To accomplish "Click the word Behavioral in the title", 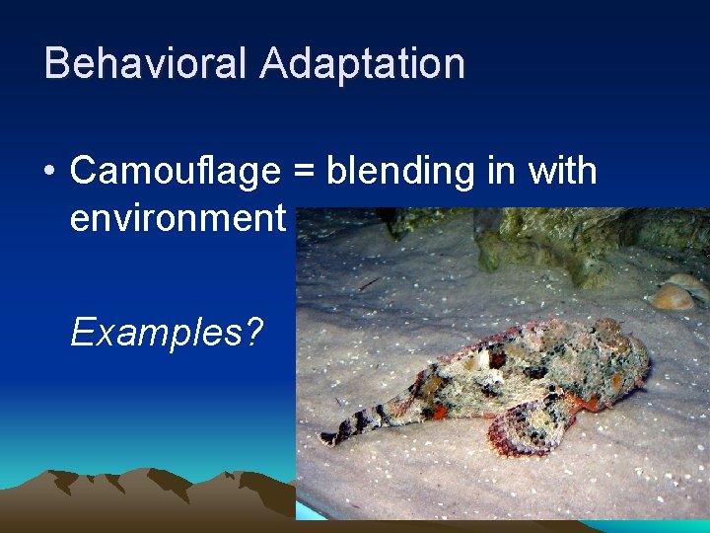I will click(145, 63).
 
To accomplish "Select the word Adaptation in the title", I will click(362, 63).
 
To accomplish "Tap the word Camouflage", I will click(176, 171).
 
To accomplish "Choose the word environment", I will click(177, 217).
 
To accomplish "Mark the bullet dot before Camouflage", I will click(49, 173).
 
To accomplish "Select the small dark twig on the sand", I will click(369, 283).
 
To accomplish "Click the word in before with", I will click(502, 171).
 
